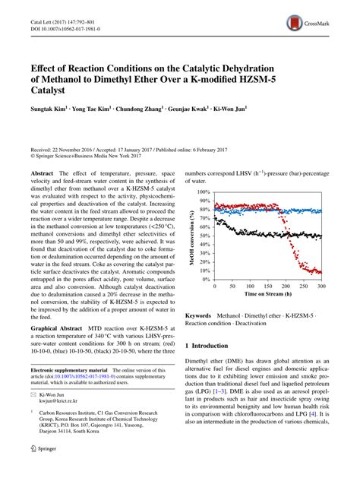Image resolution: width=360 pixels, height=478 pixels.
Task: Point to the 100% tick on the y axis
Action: (x=204, y=192)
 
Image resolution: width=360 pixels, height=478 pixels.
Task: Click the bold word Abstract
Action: (x=41, y=174)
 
